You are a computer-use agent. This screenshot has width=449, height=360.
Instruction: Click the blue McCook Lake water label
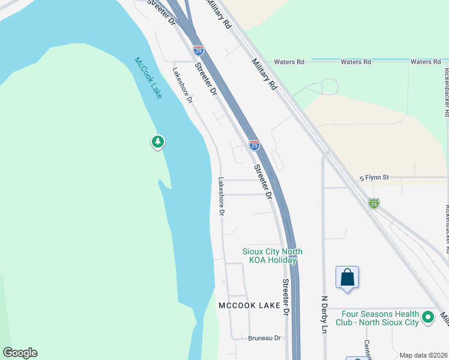[148, 77]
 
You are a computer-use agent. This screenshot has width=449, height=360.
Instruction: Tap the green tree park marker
[157, 142]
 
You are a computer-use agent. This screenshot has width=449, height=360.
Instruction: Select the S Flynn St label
[375, 178]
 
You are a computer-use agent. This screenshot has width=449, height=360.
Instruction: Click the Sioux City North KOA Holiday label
[273, 256]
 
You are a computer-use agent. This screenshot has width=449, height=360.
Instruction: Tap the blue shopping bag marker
[347, 278]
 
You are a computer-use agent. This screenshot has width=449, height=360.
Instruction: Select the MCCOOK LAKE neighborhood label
[249, 305]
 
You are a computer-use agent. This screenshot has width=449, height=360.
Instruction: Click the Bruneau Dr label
[265, 338]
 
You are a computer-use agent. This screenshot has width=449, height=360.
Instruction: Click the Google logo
[20, 353]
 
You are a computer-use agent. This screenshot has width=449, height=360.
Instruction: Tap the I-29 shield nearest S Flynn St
[374, 203]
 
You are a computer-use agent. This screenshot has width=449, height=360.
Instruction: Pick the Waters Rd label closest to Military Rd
[289, 62]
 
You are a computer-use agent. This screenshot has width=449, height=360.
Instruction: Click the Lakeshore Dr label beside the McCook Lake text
[182, 85]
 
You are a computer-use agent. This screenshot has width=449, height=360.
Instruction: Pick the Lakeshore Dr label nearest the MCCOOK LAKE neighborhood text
[221, 196]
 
